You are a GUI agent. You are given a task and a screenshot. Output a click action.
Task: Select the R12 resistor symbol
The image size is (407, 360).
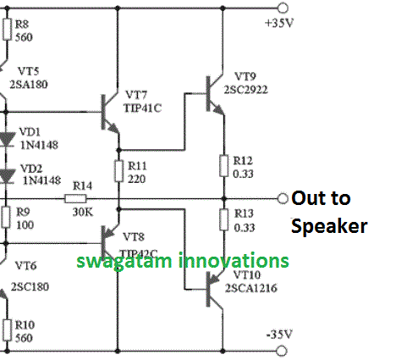[x=223, y=165]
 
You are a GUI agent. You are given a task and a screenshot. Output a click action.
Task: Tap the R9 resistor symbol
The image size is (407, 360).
[x=8, y=218]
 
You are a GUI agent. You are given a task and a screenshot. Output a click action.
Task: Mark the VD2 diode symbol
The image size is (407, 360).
[x=8, y=176]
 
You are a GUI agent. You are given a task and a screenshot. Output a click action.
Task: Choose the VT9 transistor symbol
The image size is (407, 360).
[x=212, y=90]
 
